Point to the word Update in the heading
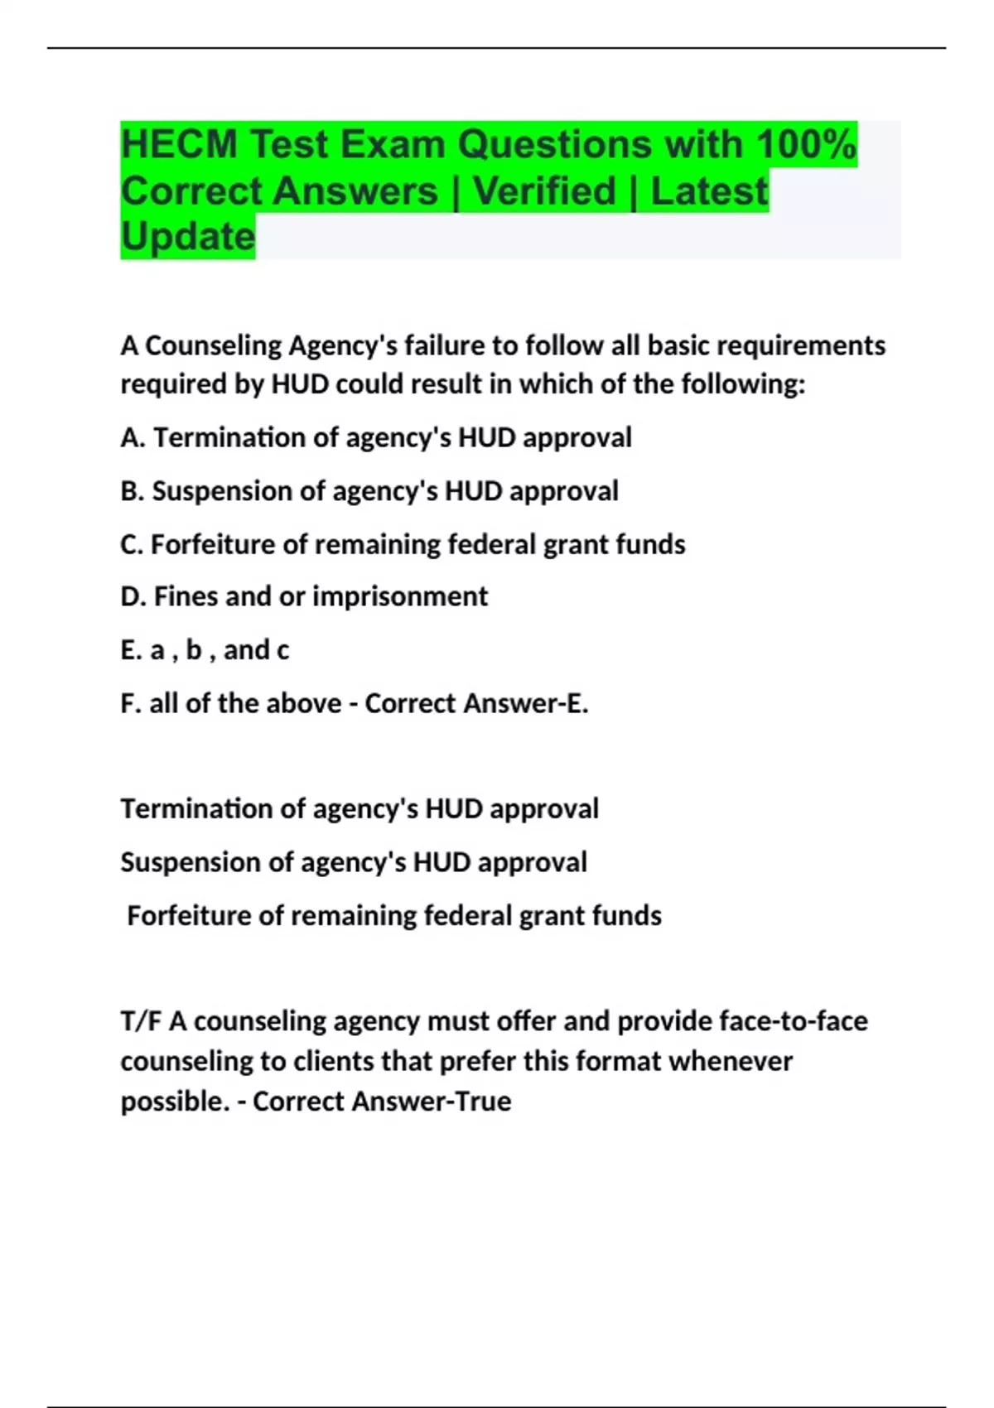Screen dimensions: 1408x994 coord(188,237)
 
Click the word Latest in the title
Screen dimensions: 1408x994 coord(709,191)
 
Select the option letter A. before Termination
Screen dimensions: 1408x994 coord(133,437)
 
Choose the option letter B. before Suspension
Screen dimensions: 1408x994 coord(133,491)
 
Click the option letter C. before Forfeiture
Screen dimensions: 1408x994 coord(132,544)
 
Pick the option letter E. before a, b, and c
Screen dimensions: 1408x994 coord(130,650)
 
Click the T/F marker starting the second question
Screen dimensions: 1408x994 coord(141,1021)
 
